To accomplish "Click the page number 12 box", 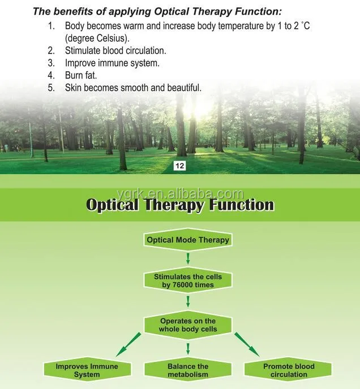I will pyautogui.click(x=181, y=166).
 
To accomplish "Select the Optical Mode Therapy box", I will pyautogui.click(x=188, y=240).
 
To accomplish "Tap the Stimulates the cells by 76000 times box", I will pyautogui.click(x=188, y=280).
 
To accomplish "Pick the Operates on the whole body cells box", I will pyautogui.click(x=188, y=325).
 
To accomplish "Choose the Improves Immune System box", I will pyautogui.click(x=87, y=370).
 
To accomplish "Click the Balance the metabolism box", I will pyautogui.click(x=188, y=370).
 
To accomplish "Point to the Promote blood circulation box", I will pyautogui.click(x=289, y=370).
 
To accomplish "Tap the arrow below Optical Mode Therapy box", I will pyautogui.click(x=188, y=258).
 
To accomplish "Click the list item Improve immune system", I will pyautogui.click(x=112, y=63).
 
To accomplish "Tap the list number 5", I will pyautogui.click(x=51, y=88).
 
